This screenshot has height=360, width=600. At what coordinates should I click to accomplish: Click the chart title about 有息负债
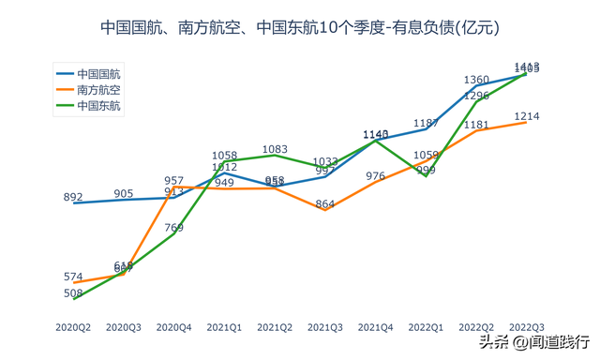pyautogui.click(x=300, y=28)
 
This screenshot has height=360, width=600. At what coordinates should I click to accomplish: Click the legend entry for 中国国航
pyautogui.click(x=98, y=73)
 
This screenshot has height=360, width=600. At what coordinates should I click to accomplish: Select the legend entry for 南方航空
pyautogui.click(x=98, y=89)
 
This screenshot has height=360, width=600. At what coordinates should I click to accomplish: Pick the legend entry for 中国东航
pyautogui.click(x=98, y=105)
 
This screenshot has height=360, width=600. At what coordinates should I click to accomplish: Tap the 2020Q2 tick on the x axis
pyautogui.click(x=73, y=327)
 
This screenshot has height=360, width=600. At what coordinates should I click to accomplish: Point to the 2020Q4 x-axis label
pyautogui.click(x=173, y=327)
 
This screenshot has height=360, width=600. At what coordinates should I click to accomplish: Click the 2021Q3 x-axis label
pyautogui.click(x=324, y=327)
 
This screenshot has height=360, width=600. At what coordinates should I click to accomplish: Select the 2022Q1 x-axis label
pyautogui.click(x=426, y=327)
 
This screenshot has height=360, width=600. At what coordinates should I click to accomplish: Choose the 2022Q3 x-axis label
pyautogui.click(x=526, y=327)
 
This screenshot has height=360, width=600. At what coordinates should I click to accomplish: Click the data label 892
pyautogui.click(x=73, y=197)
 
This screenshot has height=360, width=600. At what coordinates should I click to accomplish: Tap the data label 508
pyautogui.click(x=73, y=293)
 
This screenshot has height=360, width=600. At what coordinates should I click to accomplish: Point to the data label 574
pyautogui.click(x=73, y=277)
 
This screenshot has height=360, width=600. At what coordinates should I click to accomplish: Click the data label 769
pyautogui.click(x=173, y=227)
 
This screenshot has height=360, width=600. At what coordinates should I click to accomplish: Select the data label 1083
pyautogui.click(x=275, y=149)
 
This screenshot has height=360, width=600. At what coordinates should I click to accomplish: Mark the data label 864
pyautogui.click(x=324, y=203)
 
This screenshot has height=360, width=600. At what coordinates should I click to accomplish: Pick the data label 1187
pyautogui.click(x=426, y=123)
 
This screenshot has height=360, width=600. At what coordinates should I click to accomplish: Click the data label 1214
pyautogui.click(x=526, y=116)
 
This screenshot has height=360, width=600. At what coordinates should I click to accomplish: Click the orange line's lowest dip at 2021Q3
pyautogui.click(x=324, y=210)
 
